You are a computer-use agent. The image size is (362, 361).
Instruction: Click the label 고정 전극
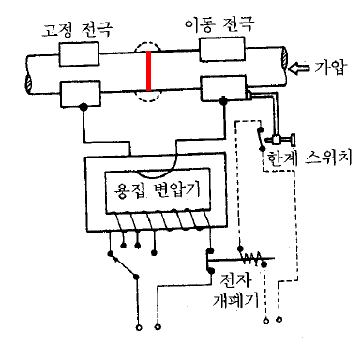tap(77, 29)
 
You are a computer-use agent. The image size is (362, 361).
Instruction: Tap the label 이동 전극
tap(219, 23)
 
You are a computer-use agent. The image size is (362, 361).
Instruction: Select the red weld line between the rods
tap(149, 70)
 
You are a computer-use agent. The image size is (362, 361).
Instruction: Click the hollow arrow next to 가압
tap(299, 68)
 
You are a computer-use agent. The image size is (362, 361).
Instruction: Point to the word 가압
tap(330, 68)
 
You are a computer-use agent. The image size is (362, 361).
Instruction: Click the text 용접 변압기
tap(158, 189)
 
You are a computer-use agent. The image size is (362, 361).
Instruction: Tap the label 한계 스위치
tap(309, 157)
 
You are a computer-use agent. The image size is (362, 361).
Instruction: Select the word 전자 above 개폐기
tap(235, 279)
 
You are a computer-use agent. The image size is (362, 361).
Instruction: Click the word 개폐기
tap(235, 301)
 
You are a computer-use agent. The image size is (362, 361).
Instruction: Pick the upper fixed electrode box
tap(79, 53)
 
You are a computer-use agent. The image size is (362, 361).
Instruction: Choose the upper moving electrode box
tap(222, 49)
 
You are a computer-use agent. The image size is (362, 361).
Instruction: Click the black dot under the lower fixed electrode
tap(83, 107)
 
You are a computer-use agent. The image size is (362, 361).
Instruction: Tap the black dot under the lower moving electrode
tap(223, 100)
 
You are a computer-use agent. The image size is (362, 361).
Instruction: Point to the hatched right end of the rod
tap(284, 58)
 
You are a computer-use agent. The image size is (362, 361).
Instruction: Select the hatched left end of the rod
tap(28, 84)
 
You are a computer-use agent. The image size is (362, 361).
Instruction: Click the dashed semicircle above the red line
tap(148, 42)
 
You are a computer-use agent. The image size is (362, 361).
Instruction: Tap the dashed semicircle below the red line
tap(148, 101)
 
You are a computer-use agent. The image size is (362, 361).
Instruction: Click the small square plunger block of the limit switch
tap(277, 140)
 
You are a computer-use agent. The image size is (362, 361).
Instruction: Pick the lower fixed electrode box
tap(81, 94)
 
